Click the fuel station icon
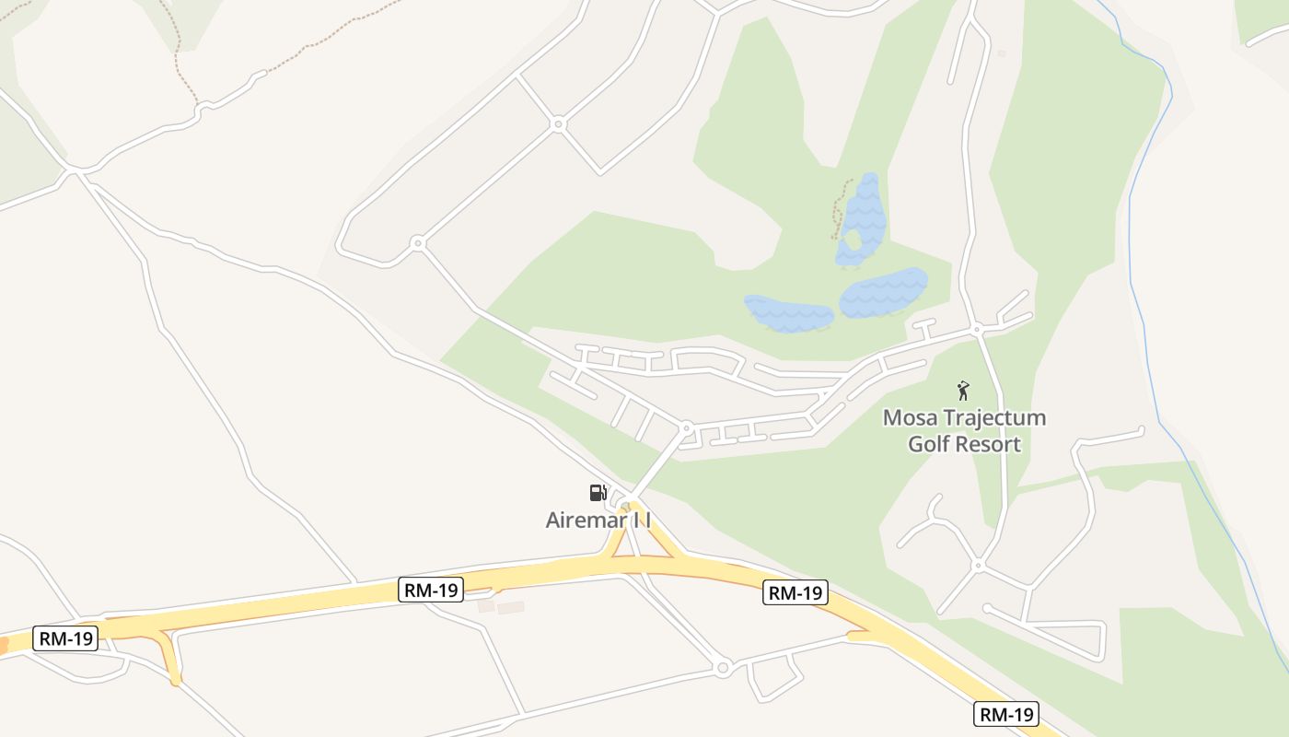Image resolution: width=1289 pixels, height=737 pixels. (598, 493)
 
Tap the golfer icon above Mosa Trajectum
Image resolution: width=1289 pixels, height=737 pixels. (963, 391)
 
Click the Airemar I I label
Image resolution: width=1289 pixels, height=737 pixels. (598, 520)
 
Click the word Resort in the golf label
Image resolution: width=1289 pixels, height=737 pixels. (991, 444)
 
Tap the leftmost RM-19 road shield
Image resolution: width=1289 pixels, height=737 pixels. (65, 638)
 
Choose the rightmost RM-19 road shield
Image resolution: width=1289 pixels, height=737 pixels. (1006, 713)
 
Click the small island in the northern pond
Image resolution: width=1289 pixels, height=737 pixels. (852, 241)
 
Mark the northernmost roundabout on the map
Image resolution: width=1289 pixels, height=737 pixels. (557, 123)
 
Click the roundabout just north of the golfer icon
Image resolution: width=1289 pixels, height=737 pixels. (977, 328)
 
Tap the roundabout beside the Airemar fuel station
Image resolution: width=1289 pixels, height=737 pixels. (631, 504)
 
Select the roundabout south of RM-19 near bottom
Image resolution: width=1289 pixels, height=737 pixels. (722, 667)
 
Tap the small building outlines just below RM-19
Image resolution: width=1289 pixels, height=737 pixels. (502, 608)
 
